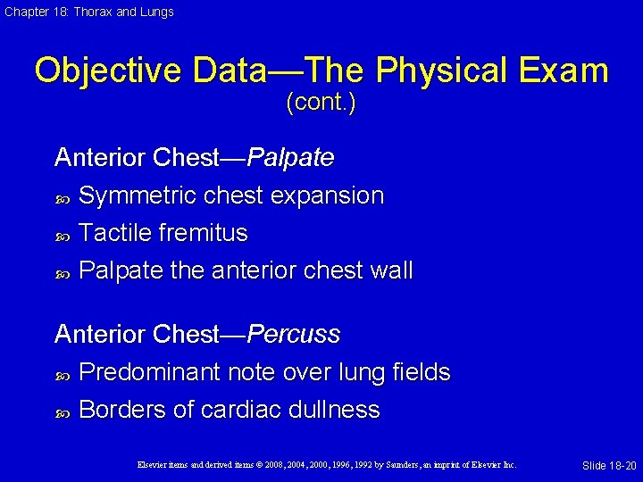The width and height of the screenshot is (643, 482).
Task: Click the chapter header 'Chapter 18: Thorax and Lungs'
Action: [88, 12]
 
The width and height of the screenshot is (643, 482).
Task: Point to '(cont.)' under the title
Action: [321, 104]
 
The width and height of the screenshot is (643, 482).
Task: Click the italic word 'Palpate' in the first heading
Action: [290, 158]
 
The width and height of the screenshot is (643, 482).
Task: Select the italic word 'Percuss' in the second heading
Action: [294, 335]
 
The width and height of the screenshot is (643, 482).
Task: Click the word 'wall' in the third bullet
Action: [389, 270]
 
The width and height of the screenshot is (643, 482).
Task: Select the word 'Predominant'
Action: [150, 372]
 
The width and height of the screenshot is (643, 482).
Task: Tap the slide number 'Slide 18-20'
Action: [609, 466]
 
